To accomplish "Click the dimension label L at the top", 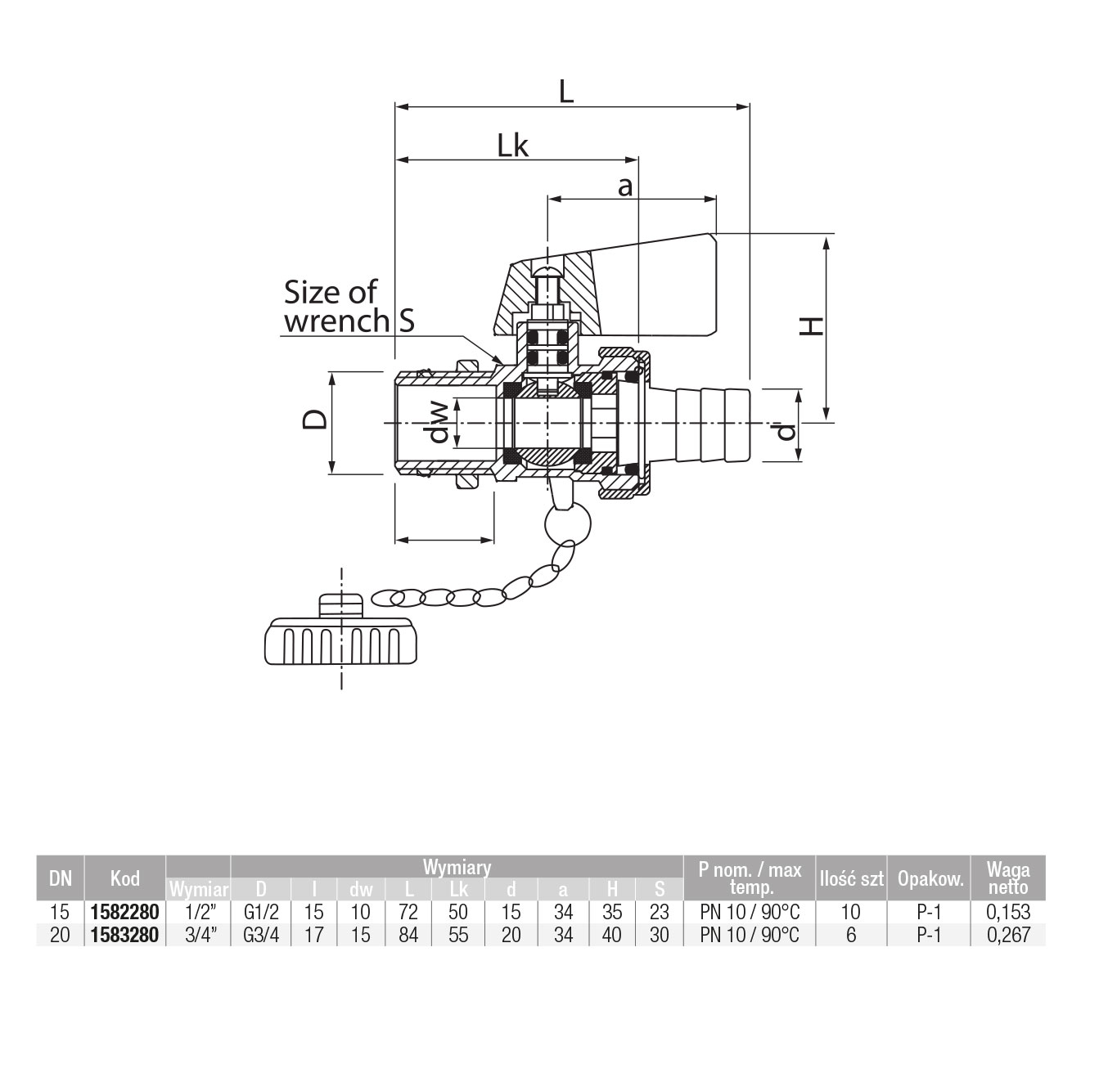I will pyautogui.click(x=566, y=90).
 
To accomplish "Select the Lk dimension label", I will pyautogui.click(x=513, y=146).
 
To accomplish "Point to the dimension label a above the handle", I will pyautogui.click(x=625, y=186).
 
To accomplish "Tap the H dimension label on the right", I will pyautogui.click(x=811, y=326).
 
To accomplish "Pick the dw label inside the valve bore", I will pyautogui.click(x=439, y=422).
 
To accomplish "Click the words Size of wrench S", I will pyautogui.click(x=347, y=306).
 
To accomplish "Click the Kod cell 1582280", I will pyautogui.click(x=125, y=912).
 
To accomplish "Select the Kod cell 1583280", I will pyautogui.click(x=125, y=935).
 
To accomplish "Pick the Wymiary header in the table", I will pyautogui.click(x=457, y=867).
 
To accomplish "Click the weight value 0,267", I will pyautogui.click(x=1008, y=935).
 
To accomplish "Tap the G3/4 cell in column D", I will pyautogui.click(x=261, y=935).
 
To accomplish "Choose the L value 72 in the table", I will pyautogui.click(x=408, y=912).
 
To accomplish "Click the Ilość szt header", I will pyautogui.click(x=851, y=879).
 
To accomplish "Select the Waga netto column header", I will pyautogui.click(x=1008, y=878).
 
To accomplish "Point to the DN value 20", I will pyautogui.click(x=60, y=935).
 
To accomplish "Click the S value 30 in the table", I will pyautogui.click(x=659, y=935).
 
